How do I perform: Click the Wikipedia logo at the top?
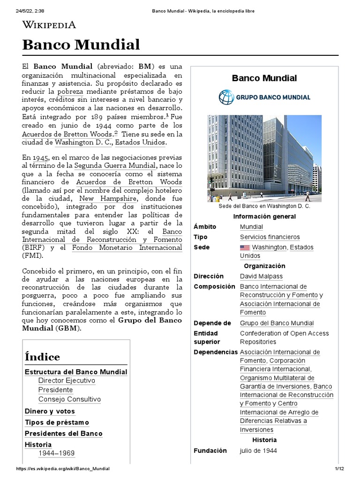[49, 25]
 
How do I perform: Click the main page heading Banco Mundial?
[81, 45]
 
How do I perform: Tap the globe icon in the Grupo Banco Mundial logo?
[226, 97]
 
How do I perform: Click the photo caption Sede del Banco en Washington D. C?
[264, 206]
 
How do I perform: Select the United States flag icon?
[245, 247]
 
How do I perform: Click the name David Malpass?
[261, 276]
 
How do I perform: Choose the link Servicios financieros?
[270, 237]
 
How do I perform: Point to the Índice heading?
[42, 357]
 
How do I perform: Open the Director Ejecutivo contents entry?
[67, 381]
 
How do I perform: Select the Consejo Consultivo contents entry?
[69, 399]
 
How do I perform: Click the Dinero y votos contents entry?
[50, 411]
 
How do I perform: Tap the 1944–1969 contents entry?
[56, 453]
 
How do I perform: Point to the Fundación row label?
[210, 450]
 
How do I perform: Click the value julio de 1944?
[258, 450]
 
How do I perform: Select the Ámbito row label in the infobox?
[205, 227]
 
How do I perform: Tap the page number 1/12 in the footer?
[339, 469]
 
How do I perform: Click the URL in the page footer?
[63, 469]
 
